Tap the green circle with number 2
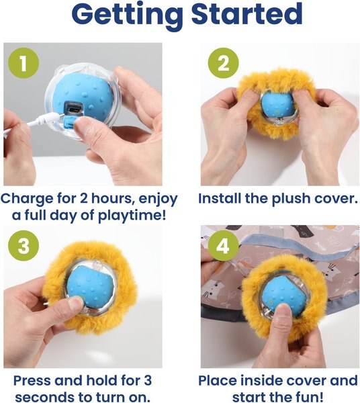coord(222,64)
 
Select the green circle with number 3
coord(22,246)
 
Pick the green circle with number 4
coord(222,246)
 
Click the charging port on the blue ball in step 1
coord(72,108)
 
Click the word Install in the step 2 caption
coord(223,199)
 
